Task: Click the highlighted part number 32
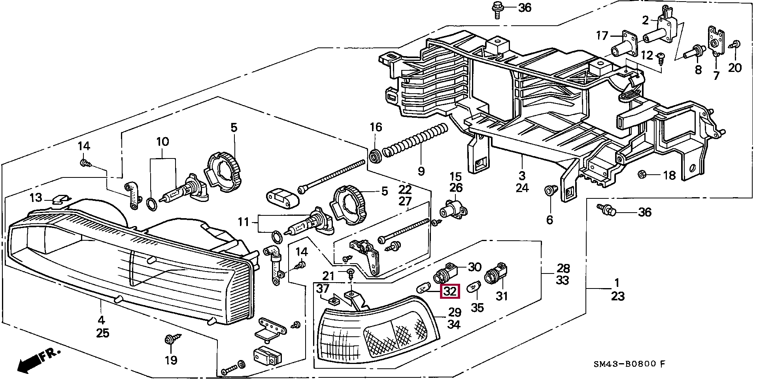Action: click(x=450, y=292)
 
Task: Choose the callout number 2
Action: click(x=645, y=20)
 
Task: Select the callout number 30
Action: click(x=474, y=267)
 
